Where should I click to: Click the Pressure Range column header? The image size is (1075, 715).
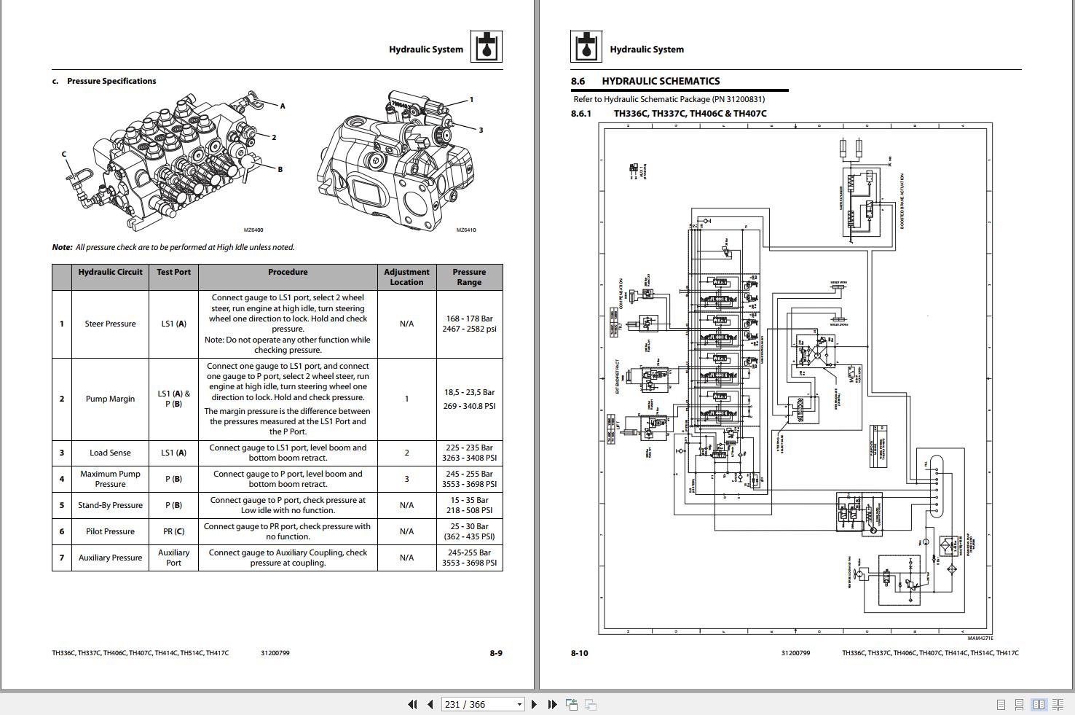tap(469, 277)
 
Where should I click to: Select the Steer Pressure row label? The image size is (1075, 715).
tap(110, 324)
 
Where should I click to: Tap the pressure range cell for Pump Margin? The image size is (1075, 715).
tap(469, 399)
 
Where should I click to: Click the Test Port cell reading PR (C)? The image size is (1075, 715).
tap(173, 531)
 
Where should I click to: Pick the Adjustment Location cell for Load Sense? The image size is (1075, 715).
tap(406, 453)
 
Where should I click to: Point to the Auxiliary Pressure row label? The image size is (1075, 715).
tap(110, 558)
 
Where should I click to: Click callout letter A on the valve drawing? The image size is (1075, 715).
tap(283, 106)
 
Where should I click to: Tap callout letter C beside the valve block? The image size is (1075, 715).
tap(64, 155)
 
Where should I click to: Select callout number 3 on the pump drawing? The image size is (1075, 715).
tap(481, 130)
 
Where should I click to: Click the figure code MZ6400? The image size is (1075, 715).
tap(253, 230)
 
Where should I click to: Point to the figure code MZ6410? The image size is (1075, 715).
tap(466, 230)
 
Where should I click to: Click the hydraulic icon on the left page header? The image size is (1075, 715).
tap(486, 47)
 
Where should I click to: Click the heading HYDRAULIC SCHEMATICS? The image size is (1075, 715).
tap(661, 81)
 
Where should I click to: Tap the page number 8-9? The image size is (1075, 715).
tap(496, 653)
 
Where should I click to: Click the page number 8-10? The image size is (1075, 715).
tap(579, 653)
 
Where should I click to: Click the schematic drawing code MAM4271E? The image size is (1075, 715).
tap(980, 638)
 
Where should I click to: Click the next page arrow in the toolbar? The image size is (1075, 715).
tap(534, 704)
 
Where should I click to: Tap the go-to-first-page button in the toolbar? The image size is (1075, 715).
tap(412, 704)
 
